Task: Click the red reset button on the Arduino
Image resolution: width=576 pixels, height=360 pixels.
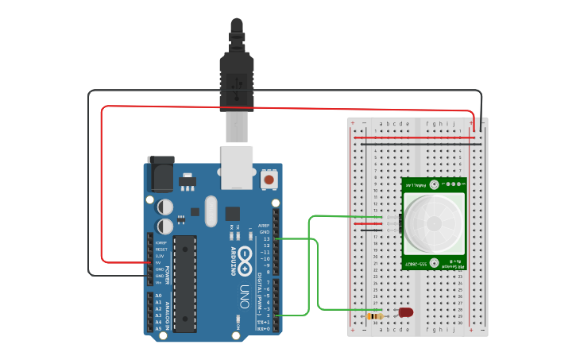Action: [269, 180]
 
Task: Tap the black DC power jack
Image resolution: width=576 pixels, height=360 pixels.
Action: [162, 174]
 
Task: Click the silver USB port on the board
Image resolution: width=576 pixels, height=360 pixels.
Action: [237, 167]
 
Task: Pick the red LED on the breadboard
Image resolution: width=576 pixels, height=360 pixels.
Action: [405, 312]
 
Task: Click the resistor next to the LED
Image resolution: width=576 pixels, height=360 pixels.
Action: [374, 316]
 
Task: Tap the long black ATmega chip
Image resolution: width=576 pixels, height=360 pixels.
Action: [184, 283]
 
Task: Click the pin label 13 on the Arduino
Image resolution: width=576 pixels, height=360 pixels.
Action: [266, 238]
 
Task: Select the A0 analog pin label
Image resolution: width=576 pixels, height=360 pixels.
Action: [159, 296]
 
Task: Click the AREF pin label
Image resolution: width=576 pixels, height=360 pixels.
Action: [265, 225]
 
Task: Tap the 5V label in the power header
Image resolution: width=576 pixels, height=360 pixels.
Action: [159, 262]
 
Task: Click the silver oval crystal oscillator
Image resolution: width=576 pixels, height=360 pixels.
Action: [210, 211]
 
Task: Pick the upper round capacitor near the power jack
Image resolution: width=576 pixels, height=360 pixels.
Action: [164, 207]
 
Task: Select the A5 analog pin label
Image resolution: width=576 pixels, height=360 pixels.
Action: [159, 328]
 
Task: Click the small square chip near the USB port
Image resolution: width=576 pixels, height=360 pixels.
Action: [232, 213]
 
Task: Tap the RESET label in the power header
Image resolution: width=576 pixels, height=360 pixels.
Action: [160, 249]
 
